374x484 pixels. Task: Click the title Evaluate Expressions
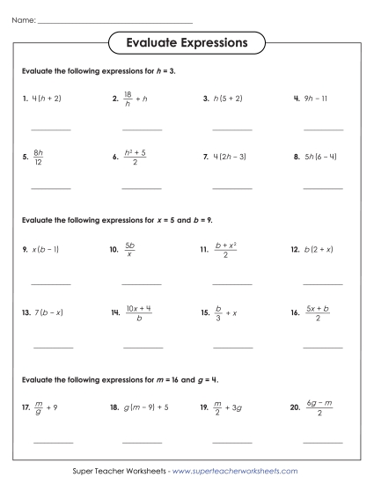pyautogui.click(x=186, y=42)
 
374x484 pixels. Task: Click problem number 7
pyautogui.click(x=205, y=158)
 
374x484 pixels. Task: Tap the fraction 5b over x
pyautogui.click(x=129, y=249)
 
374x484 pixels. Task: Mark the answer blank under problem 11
pyautogui.click(x=232, y=284)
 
